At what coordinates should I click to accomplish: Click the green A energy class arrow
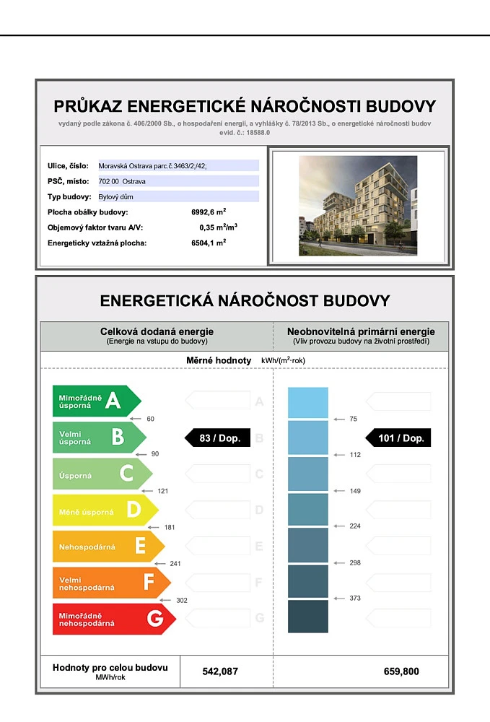point(96,401)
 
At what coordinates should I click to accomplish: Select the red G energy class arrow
point(113,619)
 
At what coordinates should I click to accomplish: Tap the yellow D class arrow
point(105,510)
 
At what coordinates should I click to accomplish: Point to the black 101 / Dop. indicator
point(398,438)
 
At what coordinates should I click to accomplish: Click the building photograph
point(358,206)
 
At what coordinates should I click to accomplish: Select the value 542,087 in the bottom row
point(220,671)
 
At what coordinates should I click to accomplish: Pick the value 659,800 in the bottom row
point(401,671)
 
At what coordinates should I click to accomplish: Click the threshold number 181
point(170,527)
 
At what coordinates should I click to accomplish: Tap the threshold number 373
point(354,598)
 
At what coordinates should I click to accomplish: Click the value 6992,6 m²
point(204,212)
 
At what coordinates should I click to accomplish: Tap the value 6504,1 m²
point(204,243)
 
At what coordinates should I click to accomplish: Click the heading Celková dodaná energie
point(157,331)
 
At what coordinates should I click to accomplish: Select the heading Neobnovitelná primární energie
point(361,331)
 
